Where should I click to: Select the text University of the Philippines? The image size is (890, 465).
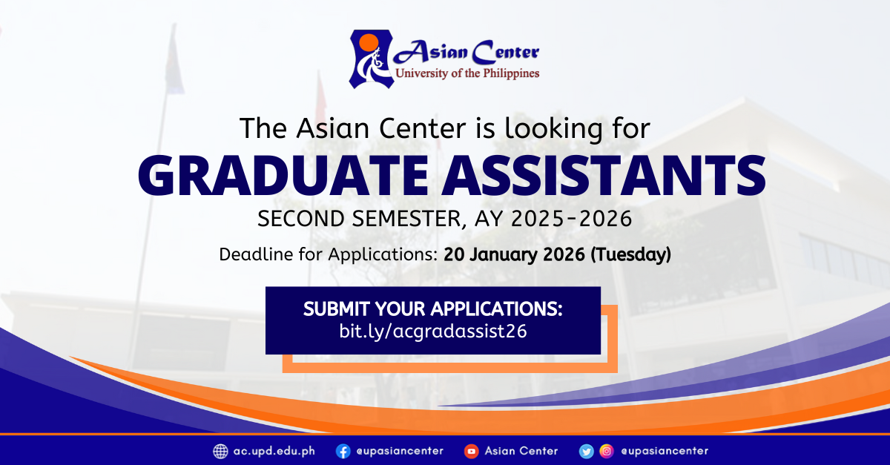[x=467, y=73]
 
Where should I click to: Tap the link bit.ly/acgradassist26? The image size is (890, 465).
[x=432, y=332]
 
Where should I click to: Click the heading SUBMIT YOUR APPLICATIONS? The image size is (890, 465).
[x=432, y=309]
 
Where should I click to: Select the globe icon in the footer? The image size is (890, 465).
[x=220, y=451]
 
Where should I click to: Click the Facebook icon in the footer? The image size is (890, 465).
[x=343, y=451]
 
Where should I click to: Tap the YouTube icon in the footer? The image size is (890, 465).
[x=471, y=451]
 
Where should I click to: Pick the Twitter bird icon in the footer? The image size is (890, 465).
[x=587, y=451]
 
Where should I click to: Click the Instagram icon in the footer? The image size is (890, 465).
[x=606, y=451]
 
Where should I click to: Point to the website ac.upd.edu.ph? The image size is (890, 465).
[x=274, y=451]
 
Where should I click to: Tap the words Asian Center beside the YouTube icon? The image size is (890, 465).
[x=521, y=451]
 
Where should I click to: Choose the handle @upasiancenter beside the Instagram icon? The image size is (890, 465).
[x=664, y=451]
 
